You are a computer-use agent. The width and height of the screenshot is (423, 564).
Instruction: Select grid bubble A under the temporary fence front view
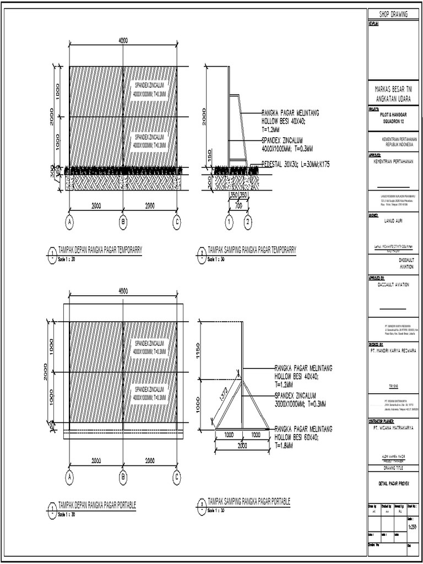(69, 221)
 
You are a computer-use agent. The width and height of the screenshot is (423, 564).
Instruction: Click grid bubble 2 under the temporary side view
(248, 221)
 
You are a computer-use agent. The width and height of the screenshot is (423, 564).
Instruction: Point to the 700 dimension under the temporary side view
(238, 205)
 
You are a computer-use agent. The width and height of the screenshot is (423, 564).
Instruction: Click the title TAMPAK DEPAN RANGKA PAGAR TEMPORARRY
(100, 250)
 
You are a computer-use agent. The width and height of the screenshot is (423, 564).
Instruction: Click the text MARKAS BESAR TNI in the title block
(393, 89)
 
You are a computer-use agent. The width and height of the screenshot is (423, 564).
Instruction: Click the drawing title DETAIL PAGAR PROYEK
(392, 484)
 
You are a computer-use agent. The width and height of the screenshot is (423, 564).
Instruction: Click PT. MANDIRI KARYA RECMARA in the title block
(393, 350)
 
